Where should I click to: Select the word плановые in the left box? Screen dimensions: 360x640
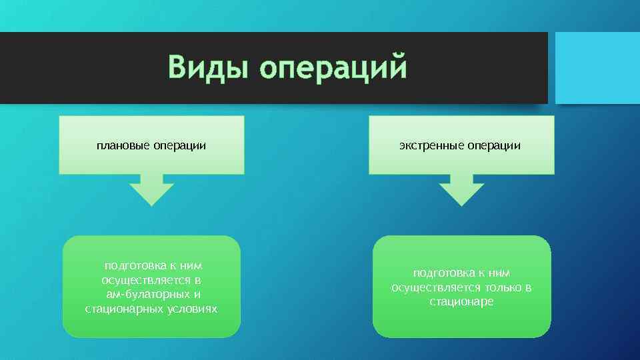pyautogui.click(x=123, y=145)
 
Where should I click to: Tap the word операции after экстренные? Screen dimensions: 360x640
pyautogui.click(x=494, y=145)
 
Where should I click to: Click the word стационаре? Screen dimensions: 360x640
pyautogui.click(x=461, y=302)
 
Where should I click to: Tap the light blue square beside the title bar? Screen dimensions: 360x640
pyautogui.click(x=597, y=68)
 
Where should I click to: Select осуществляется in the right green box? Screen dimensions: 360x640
pyautogui.click(x=432, y=287)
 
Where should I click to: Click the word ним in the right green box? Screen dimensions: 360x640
pyautogui.click(x=495, y=273)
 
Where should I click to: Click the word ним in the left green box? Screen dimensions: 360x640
pyautogui.click(x=189, y=265)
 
